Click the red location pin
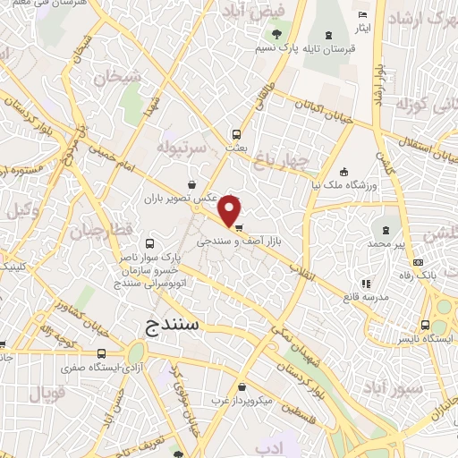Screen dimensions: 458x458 231,211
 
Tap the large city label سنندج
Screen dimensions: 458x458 174,325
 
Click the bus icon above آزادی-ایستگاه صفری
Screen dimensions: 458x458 101,353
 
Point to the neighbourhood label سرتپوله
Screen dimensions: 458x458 182,145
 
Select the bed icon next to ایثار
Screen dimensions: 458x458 362,15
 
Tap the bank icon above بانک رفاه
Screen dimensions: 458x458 419,262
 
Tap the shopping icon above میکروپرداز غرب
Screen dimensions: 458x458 243,387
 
